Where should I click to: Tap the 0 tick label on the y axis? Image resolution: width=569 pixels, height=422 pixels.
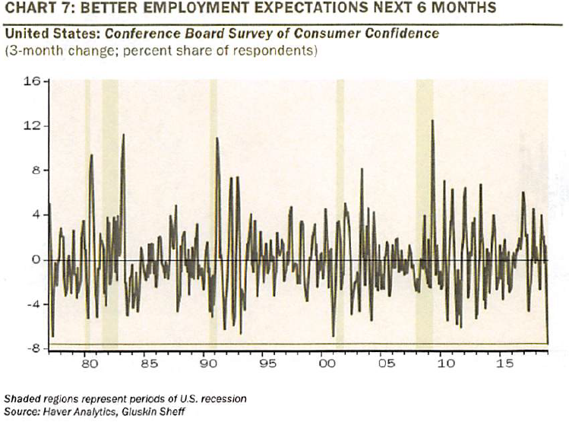pyautogui.click(x=35, y=260)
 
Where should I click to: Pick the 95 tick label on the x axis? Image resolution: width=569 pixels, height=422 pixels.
pyautogui.click(x=266, y=365)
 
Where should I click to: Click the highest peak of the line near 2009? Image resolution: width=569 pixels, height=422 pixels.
pyautogui.click(x=432, y=121)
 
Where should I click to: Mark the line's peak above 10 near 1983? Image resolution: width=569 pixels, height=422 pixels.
pyautogui.click(x=123, y=135)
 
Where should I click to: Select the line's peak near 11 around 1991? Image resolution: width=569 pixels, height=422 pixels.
pyautogui.click(x=217, y=138)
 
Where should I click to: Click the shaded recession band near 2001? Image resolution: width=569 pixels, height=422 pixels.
pyautogui.click(x=340, y=213)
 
